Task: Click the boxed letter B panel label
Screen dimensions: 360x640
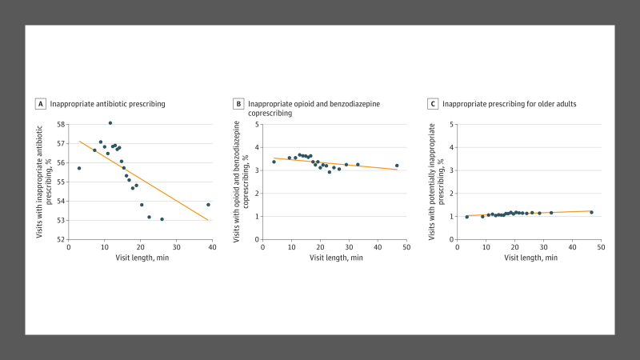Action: (238, 104)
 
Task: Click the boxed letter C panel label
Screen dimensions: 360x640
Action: (433, 104)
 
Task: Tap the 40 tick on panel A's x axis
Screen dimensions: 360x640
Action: (213, 247)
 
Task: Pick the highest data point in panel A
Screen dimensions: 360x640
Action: (110, 123)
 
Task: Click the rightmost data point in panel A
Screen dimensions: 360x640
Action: (208, 205)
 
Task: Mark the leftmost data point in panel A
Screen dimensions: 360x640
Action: (79, 168)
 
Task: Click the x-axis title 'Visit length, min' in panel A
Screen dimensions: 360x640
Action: (141, 257)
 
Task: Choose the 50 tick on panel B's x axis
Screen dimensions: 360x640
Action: (406, 247)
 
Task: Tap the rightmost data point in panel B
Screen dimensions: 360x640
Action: (397, 166)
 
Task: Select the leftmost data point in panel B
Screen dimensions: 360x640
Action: (274, 162)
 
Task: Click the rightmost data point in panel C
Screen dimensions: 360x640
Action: (591, 212)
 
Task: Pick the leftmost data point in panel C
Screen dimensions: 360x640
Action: (467, 217)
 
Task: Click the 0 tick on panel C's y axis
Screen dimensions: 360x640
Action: (452, 239)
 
